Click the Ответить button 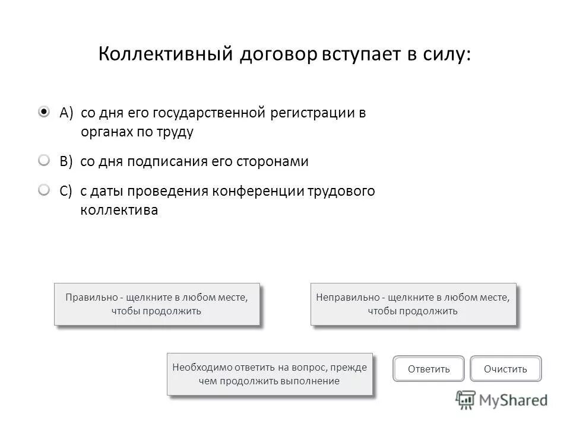[429, 369]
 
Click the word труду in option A [175, 132]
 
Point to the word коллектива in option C [119, 211]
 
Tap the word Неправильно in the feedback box [348, 298]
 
